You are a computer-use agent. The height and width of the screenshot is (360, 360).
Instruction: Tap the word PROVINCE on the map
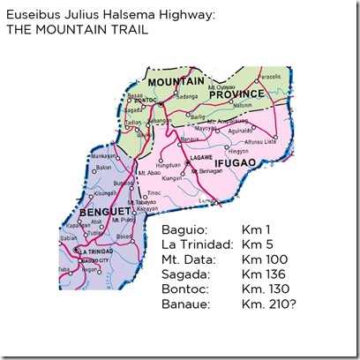[x=236, y=93]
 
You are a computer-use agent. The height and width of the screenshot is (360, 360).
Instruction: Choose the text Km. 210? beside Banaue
[x=271, y=303]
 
